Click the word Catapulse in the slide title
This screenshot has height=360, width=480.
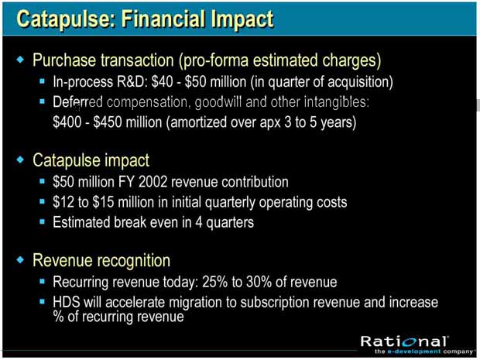click(x=66, y=19)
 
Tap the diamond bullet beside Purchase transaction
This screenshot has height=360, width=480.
click(x=20, y=59)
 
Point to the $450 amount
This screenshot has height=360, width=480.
click(x=108, y=122)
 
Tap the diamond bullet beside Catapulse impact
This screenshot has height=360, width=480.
click(x=20, y=159)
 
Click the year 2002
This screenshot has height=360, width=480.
click(x=153, y=182)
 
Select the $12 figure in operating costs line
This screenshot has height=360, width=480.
click(x=63, y=202)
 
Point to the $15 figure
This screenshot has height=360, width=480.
click(x=103, y=202)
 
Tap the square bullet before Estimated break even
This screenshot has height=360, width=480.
click(x=43, y=221)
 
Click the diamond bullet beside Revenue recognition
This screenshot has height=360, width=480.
click(x=20, y=259)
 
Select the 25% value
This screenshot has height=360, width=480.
click(x=215, y=282)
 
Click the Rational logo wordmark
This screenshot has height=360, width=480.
click(x=405, y=341)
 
